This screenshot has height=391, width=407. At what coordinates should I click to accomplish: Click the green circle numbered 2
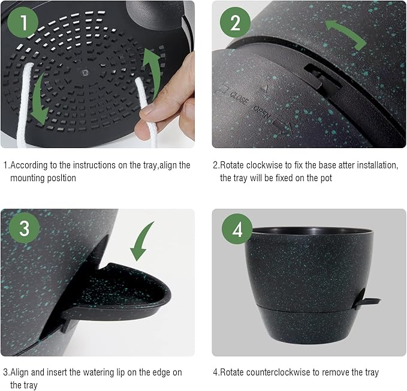(x=235, y=23)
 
